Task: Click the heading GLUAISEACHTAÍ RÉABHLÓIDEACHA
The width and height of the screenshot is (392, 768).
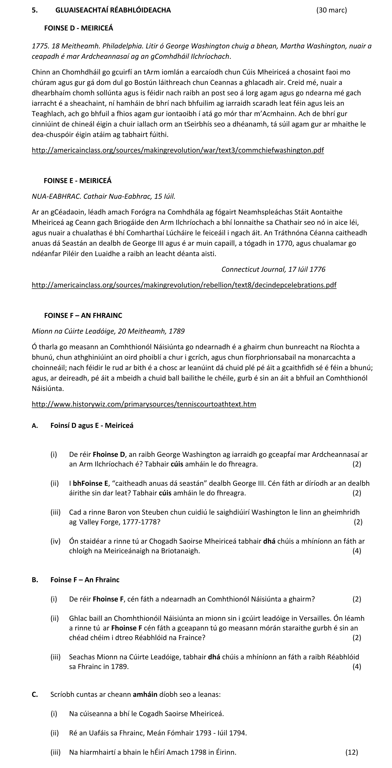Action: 113,10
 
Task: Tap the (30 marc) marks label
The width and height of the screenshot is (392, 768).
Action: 331,10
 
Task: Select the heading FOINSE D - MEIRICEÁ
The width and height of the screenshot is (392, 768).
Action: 79,28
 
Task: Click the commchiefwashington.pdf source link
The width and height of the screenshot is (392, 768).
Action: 178,150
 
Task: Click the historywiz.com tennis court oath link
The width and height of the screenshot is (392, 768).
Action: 144,404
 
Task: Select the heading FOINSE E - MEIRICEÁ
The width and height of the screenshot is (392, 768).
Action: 78,181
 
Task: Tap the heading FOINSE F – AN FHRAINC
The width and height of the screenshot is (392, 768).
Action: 83,315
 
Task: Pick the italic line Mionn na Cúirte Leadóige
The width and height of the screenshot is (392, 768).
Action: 108,331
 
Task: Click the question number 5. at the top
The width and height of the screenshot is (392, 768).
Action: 34,10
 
